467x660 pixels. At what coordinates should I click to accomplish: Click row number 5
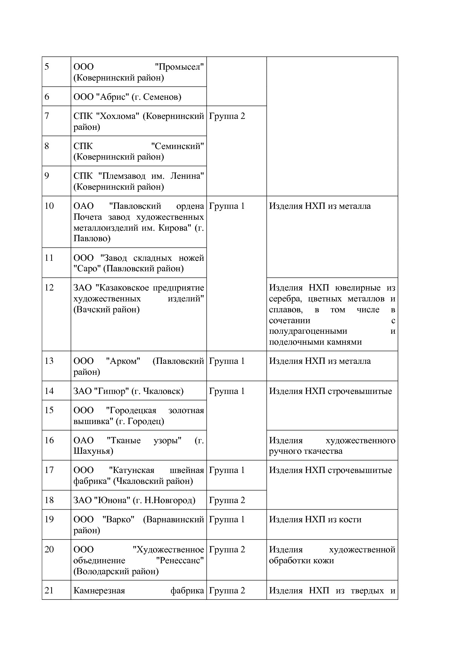[47, 67]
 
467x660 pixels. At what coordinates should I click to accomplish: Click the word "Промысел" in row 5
[180, 67]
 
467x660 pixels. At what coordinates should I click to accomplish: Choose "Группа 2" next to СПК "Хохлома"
[227, 116]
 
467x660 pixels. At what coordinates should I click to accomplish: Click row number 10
[49, 206]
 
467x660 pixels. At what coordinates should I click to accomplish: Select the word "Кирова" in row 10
[178, 228]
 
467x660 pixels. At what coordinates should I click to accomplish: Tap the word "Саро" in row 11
[87, 269]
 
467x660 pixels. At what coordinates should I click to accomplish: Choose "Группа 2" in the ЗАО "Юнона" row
[227, 500]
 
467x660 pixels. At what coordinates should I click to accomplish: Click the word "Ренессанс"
[180, 561]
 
